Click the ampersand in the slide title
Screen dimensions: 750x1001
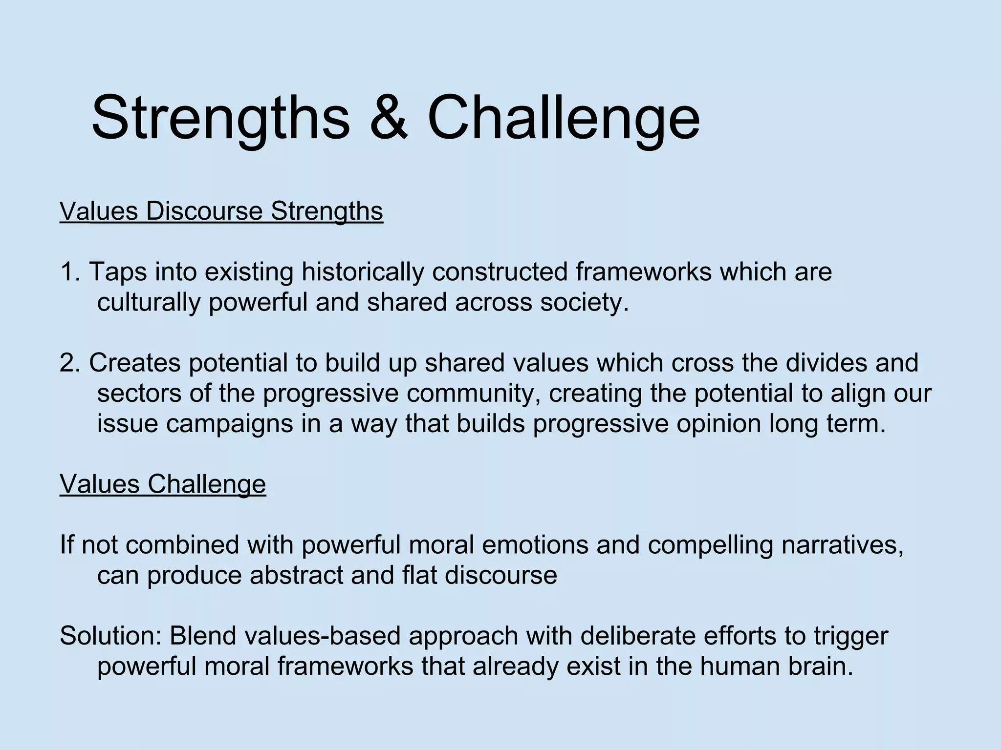(x=389, y=119)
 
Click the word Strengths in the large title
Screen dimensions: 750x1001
(x=220, y=119)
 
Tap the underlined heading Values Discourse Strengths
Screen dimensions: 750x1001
(x=221, y=211)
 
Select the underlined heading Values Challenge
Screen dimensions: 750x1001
(x=163, y=484)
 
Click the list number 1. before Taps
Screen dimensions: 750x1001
(x=72, y=272)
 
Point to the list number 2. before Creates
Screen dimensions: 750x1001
(x=72, y=363)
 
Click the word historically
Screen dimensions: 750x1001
(x=362, y=272)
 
